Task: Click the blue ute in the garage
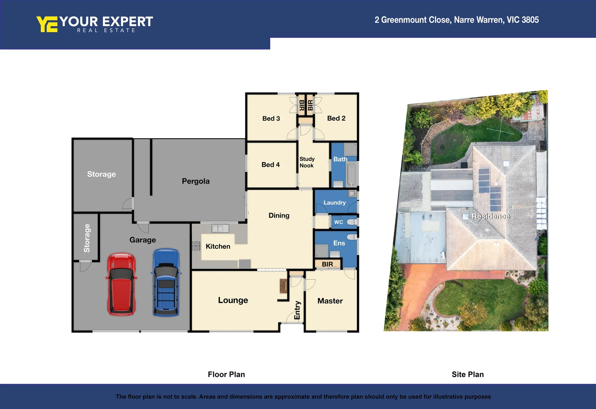point(166,283)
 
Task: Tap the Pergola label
point(195,181)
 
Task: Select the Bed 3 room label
point(271,119)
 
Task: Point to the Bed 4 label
point(270,165)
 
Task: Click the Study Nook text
point(307,162)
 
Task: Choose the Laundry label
point(334,203)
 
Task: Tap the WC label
point(339,222)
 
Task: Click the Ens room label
point(339,243)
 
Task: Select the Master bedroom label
point(330,301)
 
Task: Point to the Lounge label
point(233,300)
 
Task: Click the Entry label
point(297,310)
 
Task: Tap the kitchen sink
point(220,228)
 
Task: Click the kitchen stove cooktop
point(196,246)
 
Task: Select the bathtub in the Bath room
point(352,174)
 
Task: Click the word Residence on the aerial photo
point(491,216)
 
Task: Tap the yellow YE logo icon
point(47,24)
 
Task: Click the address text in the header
point(456,20)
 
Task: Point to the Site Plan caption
point(467,375)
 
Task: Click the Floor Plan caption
point(226,375)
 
